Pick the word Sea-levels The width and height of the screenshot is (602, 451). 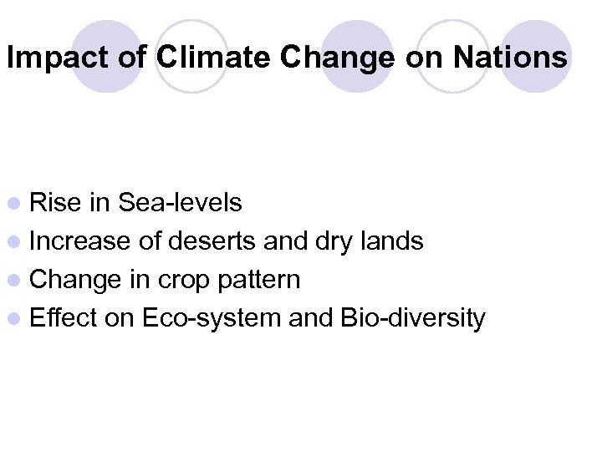pyautogui.click(x=181, y=202)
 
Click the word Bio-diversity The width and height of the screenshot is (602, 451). pyautogui.click(x=411, y=318)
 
